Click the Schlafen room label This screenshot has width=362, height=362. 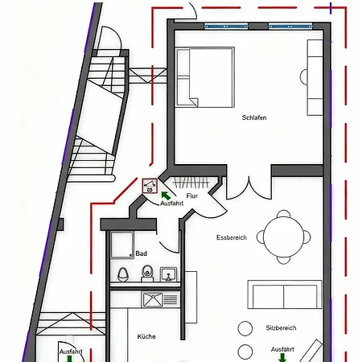tap(254, 117)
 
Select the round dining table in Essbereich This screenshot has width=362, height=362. tap(286, 236)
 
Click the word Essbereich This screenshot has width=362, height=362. tap(232, 237)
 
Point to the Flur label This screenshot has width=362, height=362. tap(191, 195)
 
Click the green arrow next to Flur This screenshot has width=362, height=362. tap(167, 194)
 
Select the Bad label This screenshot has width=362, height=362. tap(142, 253)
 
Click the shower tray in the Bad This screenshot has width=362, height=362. tap(123, 245)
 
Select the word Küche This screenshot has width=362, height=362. tap(146, 336)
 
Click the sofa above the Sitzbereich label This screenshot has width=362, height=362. tap(284, 295)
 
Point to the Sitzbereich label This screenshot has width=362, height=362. tap(281, 328)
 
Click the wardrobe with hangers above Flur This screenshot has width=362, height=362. tap(193, 181)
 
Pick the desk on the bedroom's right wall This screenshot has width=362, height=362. tap(313, 78)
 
